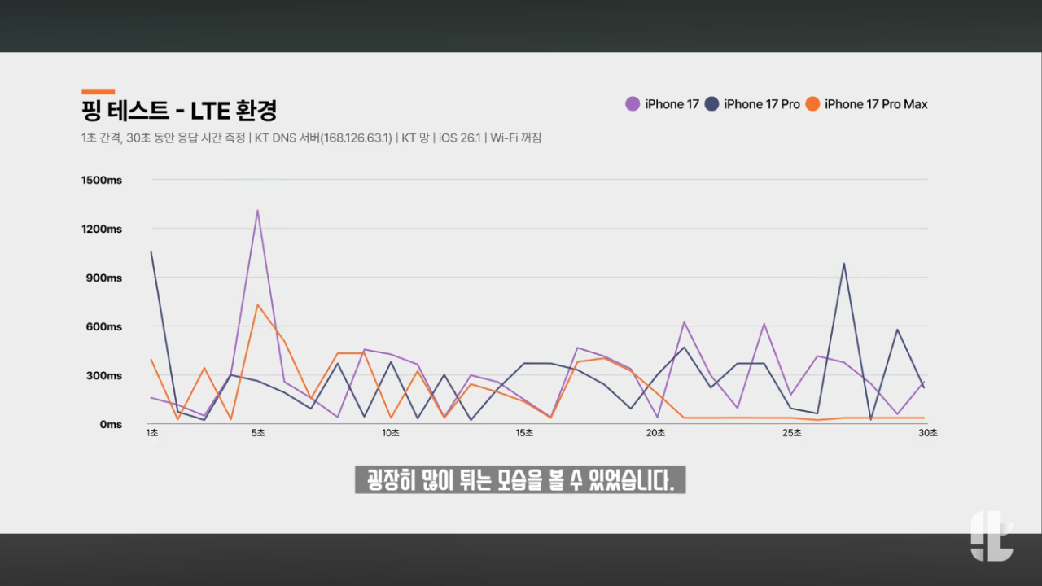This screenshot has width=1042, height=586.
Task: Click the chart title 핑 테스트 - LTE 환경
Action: [x=179, y=109]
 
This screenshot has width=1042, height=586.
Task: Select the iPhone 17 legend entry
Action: [x=663, y=104]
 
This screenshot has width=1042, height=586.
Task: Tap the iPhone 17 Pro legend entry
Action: [x=753, y=104]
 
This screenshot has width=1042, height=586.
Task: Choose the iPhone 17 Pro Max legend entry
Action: [x=867, y=104]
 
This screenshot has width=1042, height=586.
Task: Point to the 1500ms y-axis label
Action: [x=102, y=180]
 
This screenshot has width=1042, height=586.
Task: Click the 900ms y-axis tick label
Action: [x=103, y=278]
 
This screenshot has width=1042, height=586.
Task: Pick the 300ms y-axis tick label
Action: [x=103, y=375]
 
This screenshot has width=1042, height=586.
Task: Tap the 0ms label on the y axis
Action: [x=111, y=424]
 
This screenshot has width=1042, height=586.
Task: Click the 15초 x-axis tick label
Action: [x=524, y=433]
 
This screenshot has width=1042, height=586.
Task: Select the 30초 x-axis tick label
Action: [x=928, y=433]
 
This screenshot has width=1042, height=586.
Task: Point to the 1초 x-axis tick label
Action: [x=152, y=433]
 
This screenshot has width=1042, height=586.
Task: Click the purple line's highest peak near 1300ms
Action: [x=257, y=211]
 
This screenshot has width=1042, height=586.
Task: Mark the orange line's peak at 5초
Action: [x=257, y=305]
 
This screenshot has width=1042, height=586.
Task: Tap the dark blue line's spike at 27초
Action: [x=844, y=264]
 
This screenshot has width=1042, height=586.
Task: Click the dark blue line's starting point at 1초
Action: [x=151, y=252]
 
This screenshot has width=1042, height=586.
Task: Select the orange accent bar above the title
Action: [x=98, y=91]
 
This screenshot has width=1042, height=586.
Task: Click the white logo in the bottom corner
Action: [x=991, y=536]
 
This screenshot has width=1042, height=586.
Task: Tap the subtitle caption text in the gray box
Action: [x=520, y=479]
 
